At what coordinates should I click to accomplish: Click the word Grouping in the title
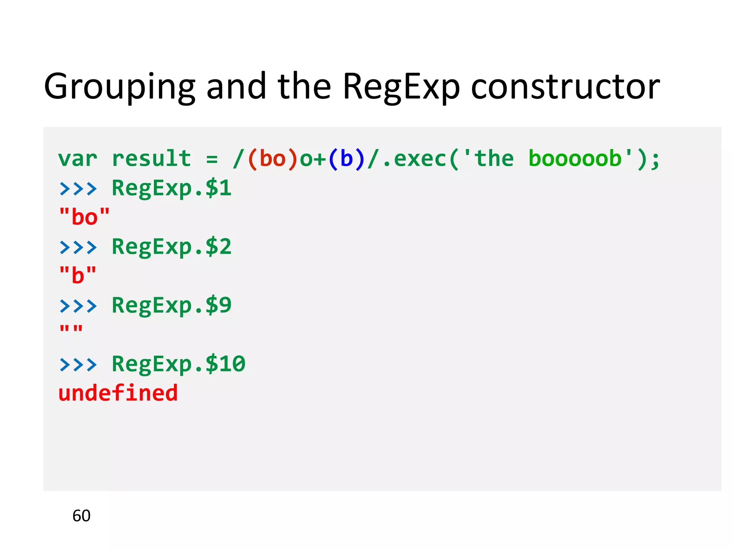[x=120, y=87]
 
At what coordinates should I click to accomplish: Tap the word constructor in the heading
[x=565, y=87]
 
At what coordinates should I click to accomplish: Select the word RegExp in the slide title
[x=401, y=87]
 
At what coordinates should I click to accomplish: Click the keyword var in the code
[x=78, y=159]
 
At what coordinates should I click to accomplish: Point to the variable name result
[x=151, y=159]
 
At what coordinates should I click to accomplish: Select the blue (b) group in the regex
[x=346, y=159]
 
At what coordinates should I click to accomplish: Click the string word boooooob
[x=575, y=159]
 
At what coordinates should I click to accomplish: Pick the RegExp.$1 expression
[x=172, y=188]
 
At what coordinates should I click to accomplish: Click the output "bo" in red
[x=84, y=217]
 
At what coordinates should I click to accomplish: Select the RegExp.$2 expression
[x=172, y=247]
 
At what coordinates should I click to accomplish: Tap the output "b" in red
[x=78, y=275]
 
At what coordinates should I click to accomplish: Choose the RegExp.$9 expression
[x=172, y=305]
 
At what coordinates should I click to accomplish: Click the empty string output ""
[x=71, y=329]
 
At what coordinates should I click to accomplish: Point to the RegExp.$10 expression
[x=179, y=364]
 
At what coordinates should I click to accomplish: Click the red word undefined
[x=118, y=393]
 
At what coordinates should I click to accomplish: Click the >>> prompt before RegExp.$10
[x=78, y=365]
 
